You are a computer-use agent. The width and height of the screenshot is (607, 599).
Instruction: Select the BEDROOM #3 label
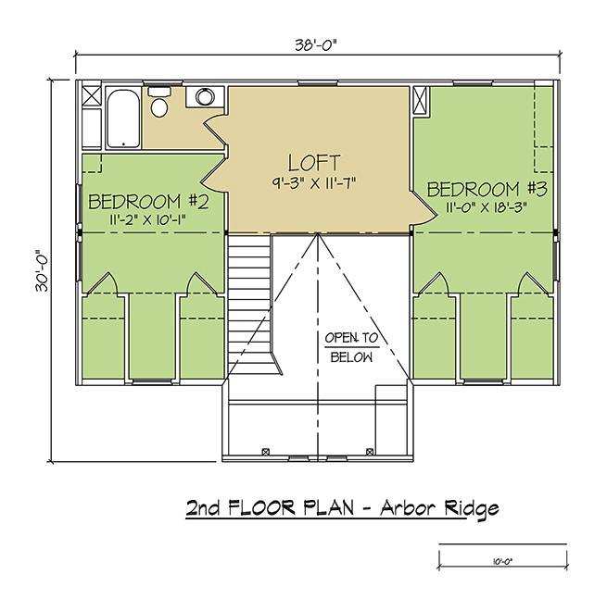[x=487, y=189]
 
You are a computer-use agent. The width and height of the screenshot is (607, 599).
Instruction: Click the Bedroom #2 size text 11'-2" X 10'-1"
[x=142, y=221]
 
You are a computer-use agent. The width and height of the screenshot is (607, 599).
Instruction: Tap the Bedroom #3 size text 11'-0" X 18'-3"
[x=487, y=208]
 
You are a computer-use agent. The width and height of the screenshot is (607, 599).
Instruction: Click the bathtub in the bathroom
[x=123, y=118]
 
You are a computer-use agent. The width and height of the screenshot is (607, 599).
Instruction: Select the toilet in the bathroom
[x=160, y=105]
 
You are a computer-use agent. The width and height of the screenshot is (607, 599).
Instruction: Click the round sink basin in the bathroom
[x=204, y=99]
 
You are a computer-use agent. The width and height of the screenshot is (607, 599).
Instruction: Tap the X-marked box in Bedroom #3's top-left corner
[x=421, y=100]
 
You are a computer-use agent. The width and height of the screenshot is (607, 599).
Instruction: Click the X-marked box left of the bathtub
[x=91, y=97]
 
